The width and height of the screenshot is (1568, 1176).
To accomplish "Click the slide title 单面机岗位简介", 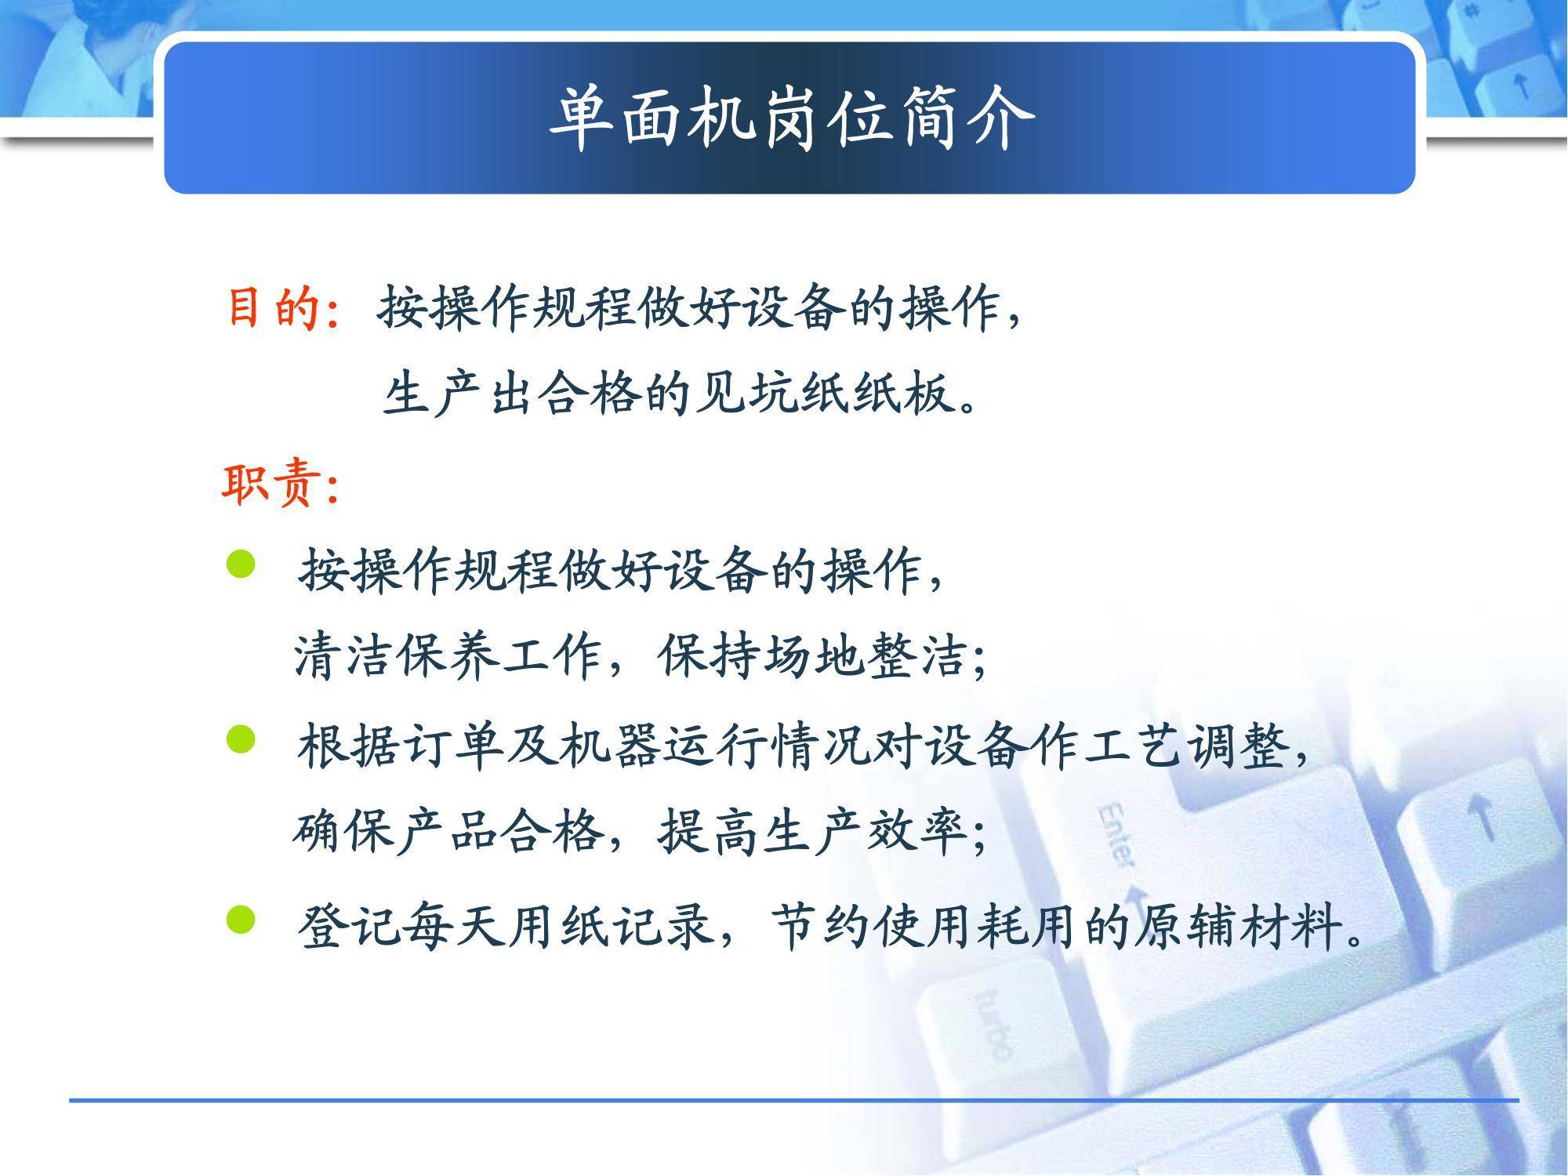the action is [791, 119].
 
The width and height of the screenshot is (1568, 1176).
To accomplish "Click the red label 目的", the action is [274, 307].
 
